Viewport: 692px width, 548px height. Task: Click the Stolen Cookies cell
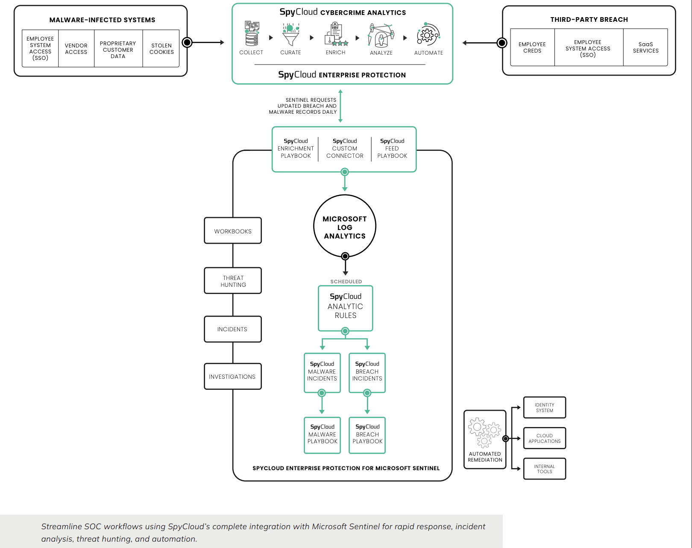(161, 49)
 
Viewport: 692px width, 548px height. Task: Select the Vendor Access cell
(76, 49)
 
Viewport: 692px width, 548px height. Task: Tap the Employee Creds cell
(532, 47)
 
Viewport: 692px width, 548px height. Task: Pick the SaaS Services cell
(645, 47)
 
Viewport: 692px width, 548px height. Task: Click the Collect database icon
(252, 34)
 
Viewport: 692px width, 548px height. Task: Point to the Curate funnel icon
(290, 35)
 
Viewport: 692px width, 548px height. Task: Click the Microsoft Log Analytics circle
(345, 227)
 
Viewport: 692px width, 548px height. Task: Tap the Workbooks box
(233, 231)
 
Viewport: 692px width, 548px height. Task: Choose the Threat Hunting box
(233, 281)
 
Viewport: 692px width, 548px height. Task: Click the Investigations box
(233, 377)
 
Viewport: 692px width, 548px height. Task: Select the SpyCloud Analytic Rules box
(346, 307)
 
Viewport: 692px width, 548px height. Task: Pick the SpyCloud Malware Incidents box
(322, 371)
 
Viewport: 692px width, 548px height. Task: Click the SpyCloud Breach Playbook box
(367, 434)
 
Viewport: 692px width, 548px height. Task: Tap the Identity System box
(545, 408)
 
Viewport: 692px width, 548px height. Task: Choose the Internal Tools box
(545, 469)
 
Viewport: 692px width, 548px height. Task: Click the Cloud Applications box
(545, 438)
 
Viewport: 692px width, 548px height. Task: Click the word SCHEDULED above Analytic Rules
(346, 282)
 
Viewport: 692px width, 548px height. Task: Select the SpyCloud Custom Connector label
(345, 149)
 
